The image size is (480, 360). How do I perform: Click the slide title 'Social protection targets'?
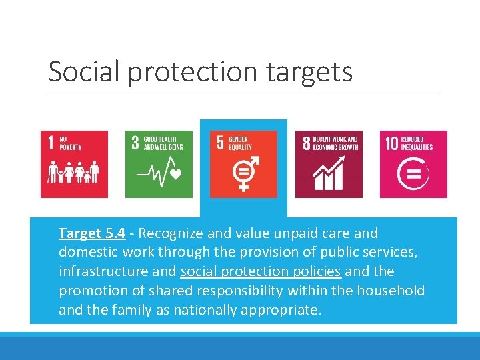pos(200,72)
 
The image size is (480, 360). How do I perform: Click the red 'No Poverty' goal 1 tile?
pos(74,164)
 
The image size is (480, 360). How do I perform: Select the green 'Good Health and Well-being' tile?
pos(159,164)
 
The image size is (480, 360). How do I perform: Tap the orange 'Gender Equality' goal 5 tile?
pos(243,164)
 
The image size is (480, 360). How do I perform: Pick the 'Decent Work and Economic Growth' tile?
pos(329,164)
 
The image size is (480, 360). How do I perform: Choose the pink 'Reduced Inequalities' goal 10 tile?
pos(413,164)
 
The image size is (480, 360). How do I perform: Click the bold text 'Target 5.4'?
pos(92,233)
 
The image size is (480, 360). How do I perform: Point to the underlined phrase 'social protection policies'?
pos(261,271)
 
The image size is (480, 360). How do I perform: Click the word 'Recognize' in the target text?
pos(170,233)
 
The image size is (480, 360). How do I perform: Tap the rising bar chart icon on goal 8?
pos(328,175)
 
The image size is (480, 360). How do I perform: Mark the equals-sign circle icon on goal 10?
pos(413,175)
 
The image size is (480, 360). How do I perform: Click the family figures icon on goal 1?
pos(73,172)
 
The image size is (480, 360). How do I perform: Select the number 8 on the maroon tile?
pos(307,143)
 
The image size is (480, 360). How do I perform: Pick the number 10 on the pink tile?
pos(391,143)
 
